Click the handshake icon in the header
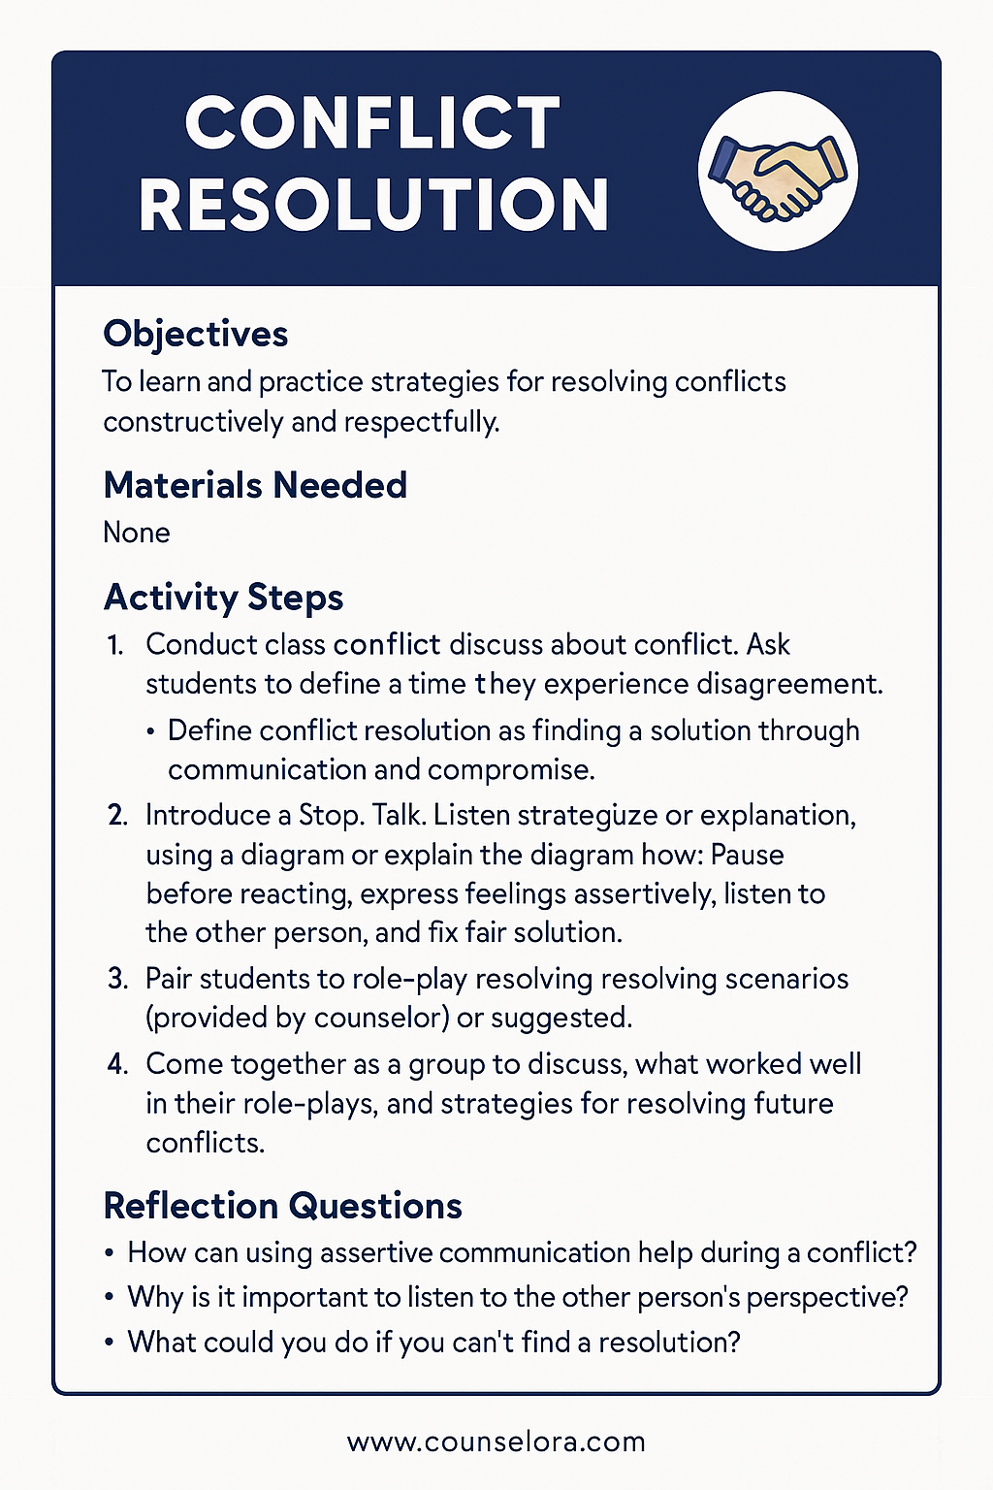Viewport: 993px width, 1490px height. (778, 171)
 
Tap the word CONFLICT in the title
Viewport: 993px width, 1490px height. (372, 124)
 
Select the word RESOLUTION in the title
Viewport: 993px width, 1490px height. (373, 206)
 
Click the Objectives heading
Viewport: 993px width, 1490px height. (196, 334)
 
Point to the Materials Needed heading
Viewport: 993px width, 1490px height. (255, 485)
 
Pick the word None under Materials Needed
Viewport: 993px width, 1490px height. (137, 533)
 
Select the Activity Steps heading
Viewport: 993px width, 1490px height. (223, 597)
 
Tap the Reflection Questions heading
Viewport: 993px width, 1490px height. (282, 1206)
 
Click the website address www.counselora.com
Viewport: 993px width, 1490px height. (496, 1441)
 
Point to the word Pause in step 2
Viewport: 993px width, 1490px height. (747, 855)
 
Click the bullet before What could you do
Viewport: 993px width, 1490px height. (110, 1344)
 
